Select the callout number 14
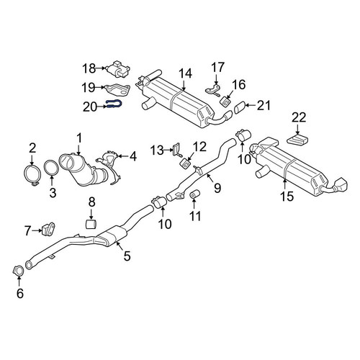[185, 73]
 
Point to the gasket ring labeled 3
[51, 168]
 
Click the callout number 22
[299, 118]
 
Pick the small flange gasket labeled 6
[18, 271]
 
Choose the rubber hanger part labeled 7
[48, 229]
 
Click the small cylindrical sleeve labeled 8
[91, 223]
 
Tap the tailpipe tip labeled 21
[239, 107]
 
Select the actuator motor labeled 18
[118, 69]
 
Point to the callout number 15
[287, 197]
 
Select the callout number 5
[127, 256]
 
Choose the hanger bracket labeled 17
[213, 90]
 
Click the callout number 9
[217, 188]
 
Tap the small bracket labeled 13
[176, 150]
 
